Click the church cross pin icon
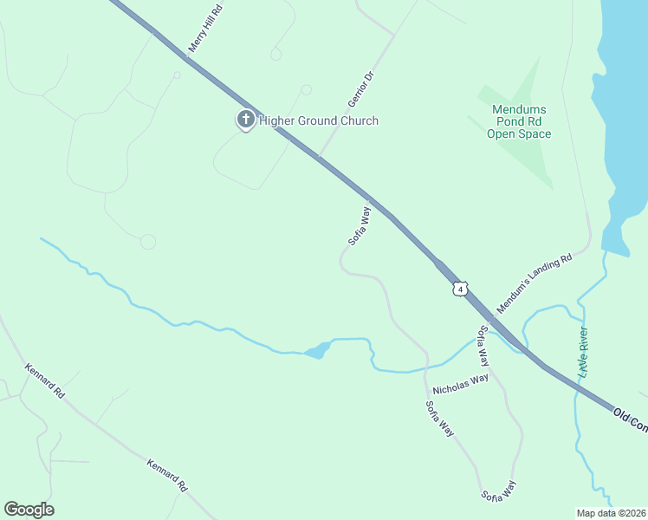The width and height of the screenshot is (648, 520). (245, 120)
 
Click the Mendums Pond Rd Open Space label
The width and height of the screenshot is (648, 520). (519, 121)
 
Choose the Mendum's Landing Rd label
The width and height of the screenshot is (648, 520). (535, 283)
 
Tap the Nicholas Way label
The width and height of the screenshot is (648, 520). (461, 382)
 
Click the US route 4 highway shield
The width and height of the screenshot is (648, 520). (460, 288)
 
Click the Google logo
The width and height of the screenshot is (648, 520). (29, 510)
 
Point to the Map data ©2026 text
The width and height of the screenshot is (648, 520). (611, 513)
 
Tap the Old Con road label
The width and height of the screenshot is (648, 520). (629, 418)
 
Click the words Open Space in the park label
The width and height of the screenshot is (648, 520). (519, 133)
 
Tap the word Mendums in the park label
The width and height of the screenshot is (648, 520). (519, 109)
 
